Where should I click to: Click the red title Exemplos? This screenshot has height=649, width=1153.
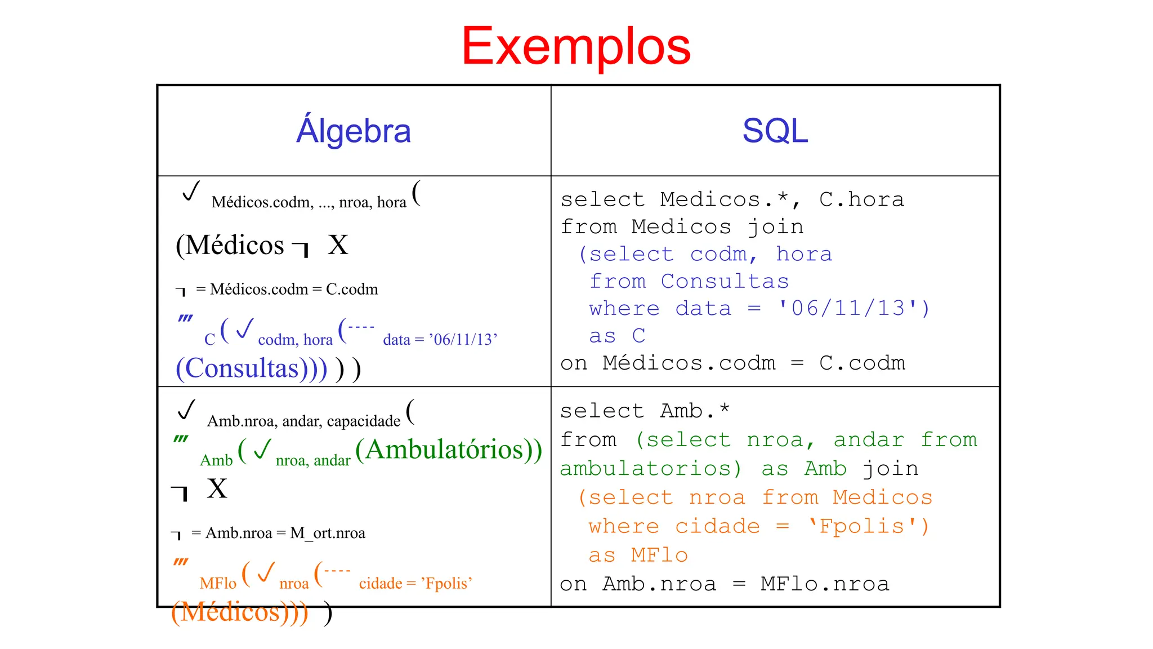pyautogui.click(x=575, y=46)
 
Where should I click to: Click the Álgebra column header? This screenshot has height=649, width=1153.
pyautogui.click(x=354, y=131)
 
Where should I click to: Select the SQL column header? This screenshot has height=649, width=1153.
pyautogui.click(x=775, y=131)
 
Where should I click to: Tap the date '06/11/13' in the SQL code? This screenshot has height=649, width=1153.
pyautogui.click(x=848, y=309)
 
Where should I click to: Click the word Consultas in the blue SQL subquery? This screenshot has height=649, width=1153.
pyautogui.click(x=725, y=281)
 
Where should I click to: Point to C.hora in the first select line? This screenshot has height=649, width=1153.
pyautogui.click(x=861, y=199)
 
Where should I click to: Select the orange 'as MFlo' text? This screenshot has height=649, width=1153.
pyautogui.click(x=638, y=555)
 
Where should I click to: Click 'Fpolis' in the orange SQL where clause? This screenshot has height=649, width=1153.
pyautogui.click(x=861, y=526)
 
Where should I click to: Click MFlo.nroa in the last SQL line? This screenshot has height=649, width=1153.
pyautogui.click(x=825, y=584)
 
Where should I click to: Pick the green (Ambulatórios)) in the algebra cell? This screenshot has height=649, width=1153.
pyautogui.click(x=449, y=450)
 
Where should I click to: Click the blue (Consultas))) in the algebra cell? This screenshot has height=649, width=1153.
pyautogui.click(x=251, y=368)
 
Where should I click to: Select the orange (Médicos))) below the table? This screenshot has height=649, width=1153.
pyautogui.click(x=240, y=612)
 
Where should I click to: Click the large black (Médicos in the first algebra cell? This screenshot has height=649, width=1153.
pyautogui.click(x=230, y=245)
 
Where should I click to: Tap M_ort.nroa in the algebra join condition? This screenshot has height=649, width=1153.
pyautogui.click(x=328, y=533)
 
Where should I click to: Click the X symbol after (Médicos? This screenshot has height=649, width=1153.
pyautogui.click(x=338, y=245)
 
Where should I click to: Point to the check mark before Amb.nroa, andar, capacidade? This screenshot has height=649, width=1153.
pyautogui.click(x=186, y=410)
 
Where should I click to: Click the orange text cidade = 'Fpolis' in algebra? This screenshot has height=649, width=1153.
pyautogui.click(x=415, y=583)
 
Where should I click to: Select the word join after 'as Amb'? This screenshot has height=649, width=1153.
pyautogui.click(x=890, y=469)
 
